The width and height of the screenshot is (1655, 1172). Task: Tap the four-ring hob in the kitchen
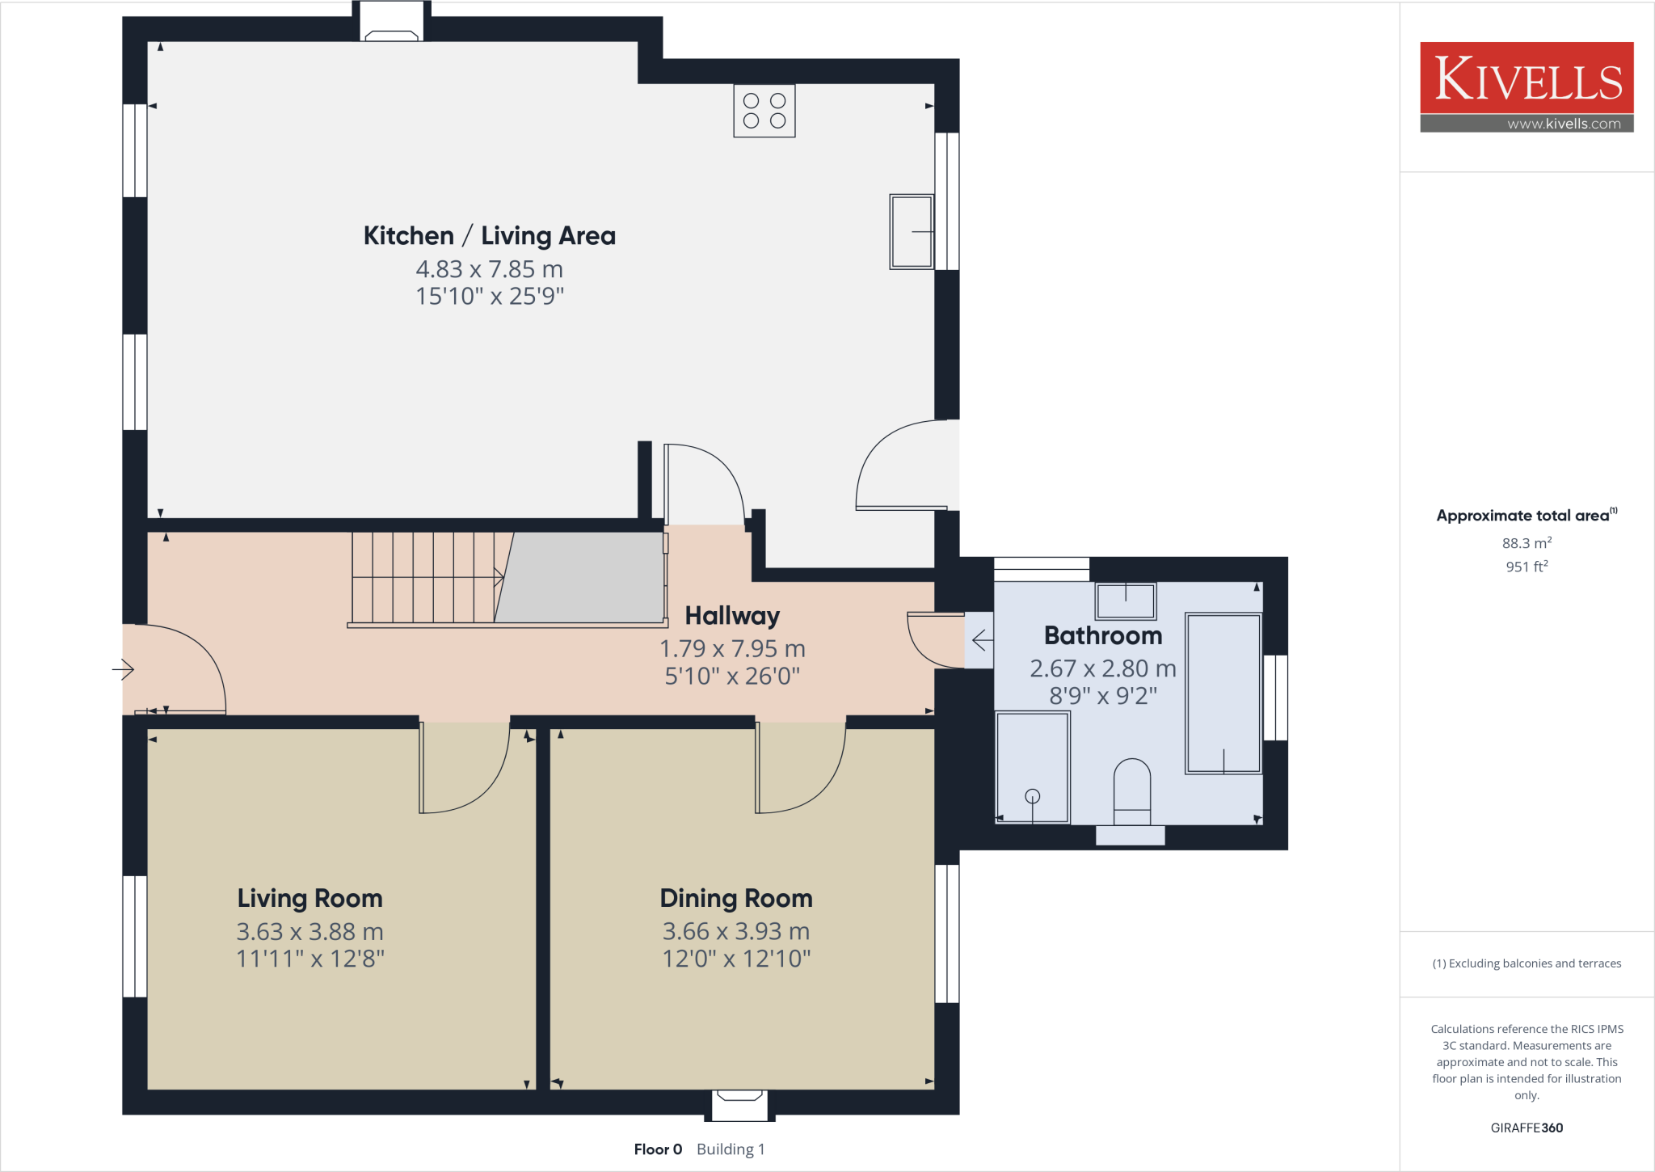click(764, 111)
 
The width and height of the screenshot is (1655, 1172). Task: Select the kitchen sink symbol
click(911, 231)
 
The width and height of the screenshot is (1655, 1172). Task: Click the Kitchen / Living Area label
click(489, 236)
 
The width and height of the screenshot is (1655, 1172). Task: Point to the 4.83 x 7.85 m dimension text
click(489, 269)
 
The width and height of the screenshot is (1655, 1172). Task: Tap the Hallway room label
click(732, 616)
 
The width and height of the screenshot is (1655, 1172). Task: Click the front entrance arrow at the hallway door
click(123, 669)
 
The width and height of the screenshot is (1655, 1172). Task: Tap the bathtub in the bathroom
click(1223, 694)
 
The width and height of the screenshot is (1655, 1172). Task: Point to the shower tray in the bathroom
click(1032, 767)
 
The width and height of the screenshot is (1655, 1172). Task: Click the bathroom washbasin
click(1126, 601)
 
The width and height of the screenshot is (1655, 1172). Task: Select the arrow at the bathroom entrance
click(981, 641)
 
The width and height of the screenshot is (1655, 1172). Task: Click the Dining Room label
click(735, 899)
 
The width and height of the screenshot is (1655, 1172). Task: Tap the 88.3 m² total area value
click(1526, 543)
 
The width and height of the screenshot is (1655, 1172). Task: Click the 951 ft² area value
click(1526, 567)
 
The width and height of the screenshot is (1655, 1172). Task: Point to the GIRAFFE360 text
click(1526, 1128)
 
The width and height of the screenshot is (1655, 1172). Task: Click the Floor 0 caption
click(658, 1149)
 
